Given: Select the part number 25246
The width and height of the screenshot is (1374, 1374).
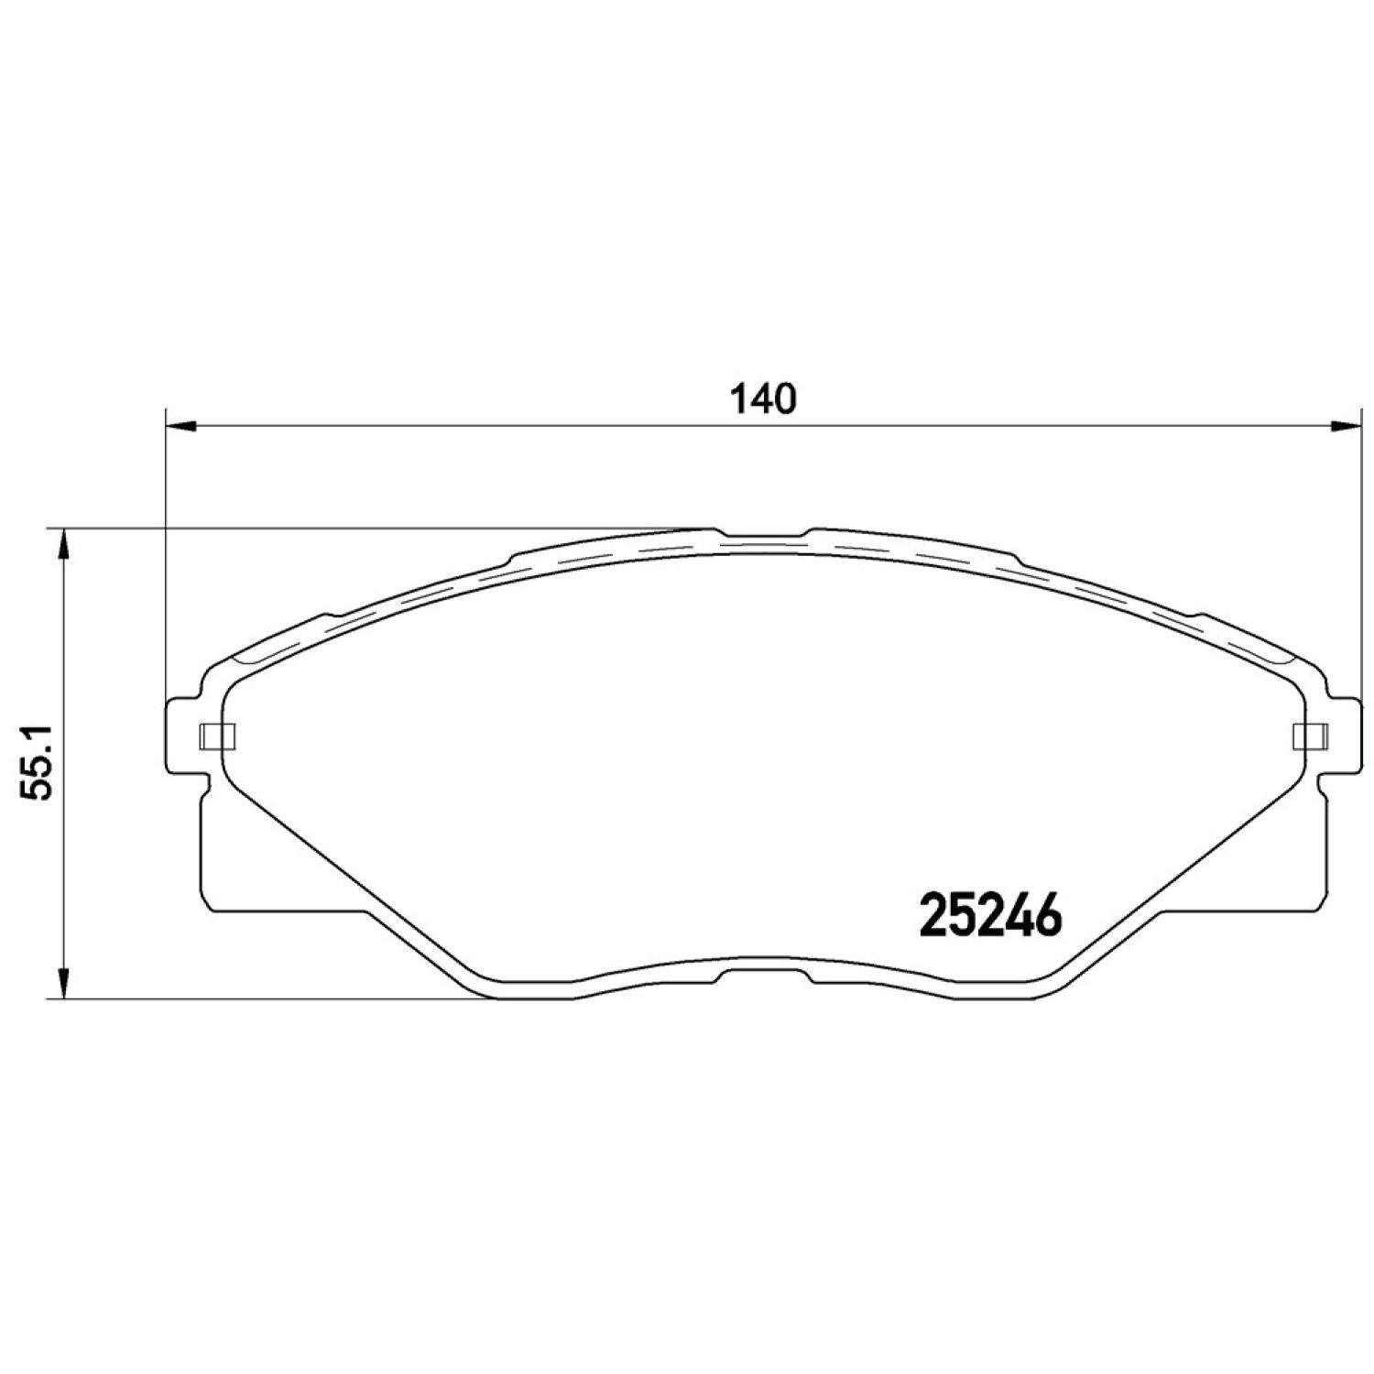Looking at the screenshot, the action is [x=989, y=915].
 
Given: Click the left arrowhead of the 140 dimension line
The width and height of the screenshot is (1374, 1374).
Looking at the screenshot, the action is [x=180, y=425].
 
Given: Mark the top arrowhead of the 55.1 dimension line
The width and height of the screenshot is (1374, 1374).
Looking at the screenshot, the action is [x=62, y=544].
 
